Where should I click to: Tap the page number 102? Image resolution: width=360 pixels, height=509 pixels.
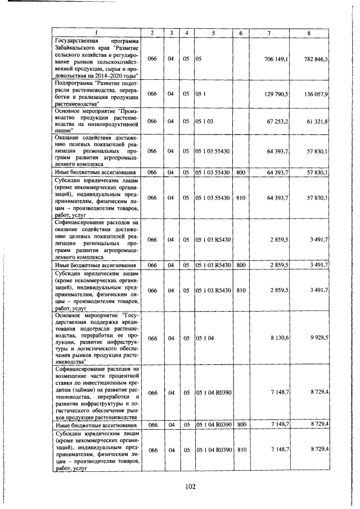[x=189, y=487]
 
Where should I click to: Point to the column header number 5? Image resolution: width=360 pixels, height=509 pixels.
[x=213, y=33]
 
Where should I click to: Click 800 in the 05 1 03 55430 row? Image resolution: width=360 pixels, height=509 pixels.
[x=241, y=172]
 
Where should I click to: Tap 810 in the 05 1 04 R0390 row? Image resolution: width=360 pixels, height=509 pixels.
[x=242, y=450]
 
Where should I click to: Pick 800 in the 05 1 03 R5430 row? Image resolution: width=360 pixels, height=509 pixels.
[x=241, y=264]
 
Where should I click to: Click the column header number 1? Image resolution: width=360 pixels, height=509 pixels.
[x=95, y=33]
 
